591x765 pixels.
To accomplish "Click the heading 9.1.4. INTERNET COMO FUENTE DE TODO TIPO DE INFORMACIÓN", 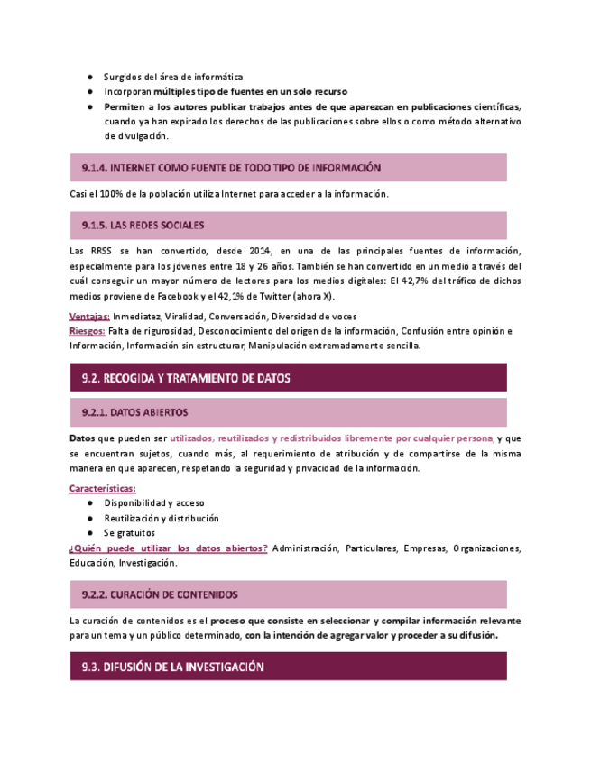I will click(x=231, y=168).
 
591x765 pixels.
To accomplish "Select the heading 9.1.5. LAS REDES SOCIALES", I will click(x=143, y=225).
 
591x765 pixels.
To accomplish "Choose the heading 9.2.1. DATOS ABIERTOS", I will click(x=134, y=412).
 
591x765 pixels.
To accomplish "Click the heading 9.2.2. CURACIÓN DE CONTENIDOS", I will click(x=160, y=594).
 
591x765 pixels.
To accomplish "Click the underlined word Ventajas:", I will click(x=89, y=317).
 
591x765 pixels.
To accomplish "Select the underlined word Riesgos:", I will click(x=88, y=331).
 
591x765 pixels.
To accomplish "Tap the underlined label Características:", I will click(x=103, y=488).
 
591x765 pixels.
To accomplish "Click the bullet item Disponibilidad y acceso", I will click(x=154, y=502).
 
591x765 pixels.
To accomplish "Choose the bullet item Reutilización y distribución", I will click(x=162, y=518).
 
